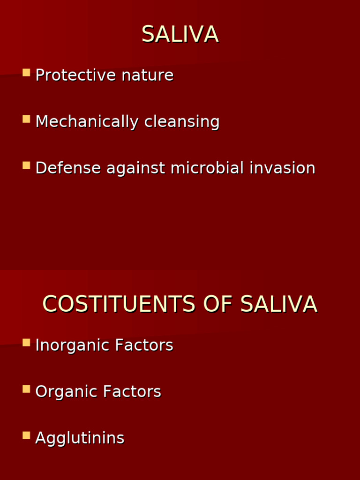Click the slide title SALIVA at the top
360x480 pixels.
180,35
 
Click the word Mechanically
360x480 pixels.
87,122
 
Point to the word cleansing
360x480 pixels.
182,122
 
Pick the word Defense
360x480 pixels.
68,168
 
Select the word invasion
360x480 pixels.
282,168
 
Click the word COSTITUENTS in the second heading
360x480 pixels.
119,305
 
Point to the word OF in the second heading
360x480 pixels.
217,305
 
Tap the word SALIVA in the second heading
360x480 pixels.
278,305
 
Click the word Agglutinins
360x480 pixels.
80,438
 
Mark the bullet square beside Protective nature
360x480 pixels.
26,73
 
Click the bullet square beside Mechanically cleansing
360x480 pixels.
26,119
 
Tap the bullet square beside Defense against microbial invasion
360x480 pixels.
26,165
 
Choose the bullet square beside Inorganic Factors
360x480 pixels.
26,343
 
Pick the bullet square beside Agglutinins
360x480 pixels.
26,435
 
